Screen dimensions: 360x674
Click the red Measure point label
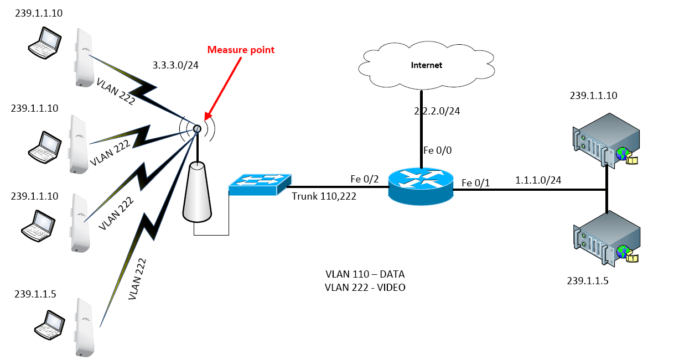pyautogui.click(x=241, y=50)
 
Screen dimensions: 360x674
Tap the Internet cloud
pyautogui.click(x=426, y=65)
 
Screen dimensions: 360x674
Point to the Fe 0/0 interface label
pyautogui.click(x=435, y=150)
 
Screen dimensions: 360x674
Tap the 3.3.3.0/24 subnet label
pyautogui.click(x=175, y=66)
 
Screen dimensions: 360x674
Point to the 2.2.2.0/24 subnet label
pyautogui.click(x=437, y=111)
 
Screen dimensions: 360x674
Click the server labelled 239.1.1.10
pyautogui.click(x=606, y=138)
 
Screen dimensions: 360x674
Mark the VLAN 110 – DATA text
pyautogui.click(x=366, y=274)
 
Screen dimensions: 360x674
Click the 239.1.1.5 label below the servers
pyautogui.click(x=588, y=280)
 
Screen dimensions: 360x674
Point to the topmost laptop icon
pyautogui.click(x=44, y=44)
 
